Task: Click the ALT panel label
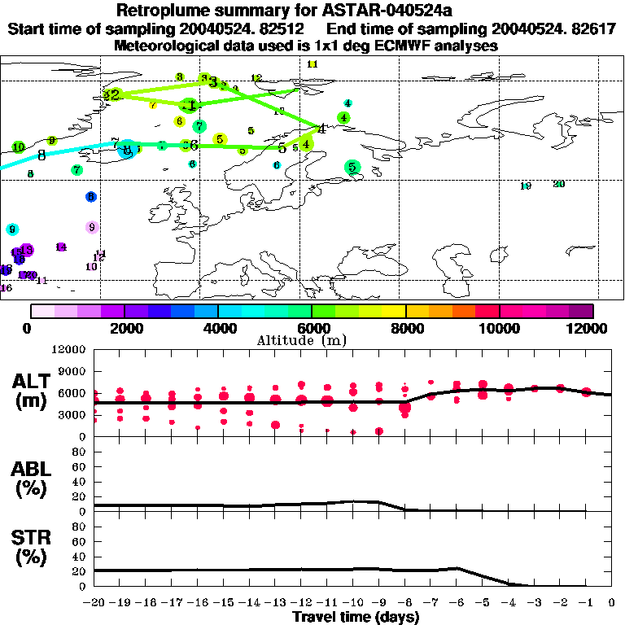point(33,391)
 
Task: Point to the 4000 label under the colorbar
point(217,328)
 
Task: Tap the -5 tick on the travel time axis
point(482,602)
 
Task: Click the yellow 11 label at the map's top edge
point(312,63)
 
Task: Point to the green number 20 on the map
point(558,184)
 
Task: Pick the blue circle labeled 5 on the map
point(91,196)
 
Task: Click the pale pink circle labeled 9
point(92,227)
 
